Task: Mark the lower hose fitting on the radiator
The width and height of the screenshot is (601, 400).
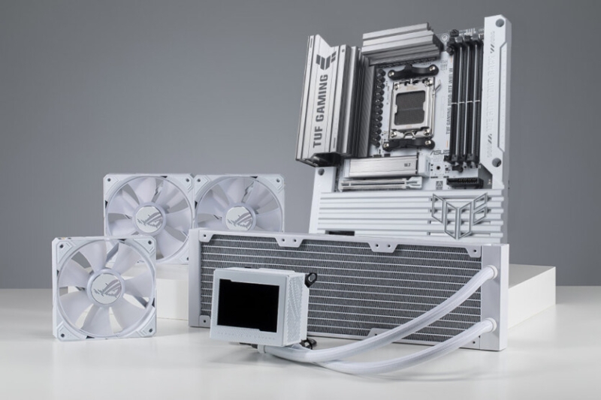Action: (490, 327)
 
